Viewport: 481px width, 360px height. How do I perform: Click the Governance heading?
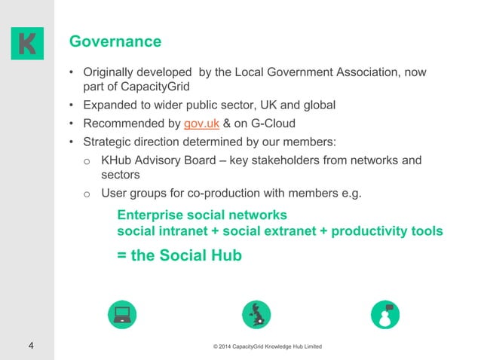[115, 41]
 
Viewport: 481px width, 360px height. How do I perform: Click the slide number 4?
[30, 346]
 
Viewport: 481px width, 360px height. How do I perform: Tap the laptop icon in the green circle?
[121, 314]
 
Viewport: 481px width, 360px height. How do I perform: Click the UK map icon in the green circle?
[256, 314]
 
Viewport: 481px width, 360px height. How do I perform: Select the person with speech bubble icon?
[386, 314]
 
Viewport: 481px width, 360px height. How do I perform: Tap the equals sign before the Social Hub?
[121, 255]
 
